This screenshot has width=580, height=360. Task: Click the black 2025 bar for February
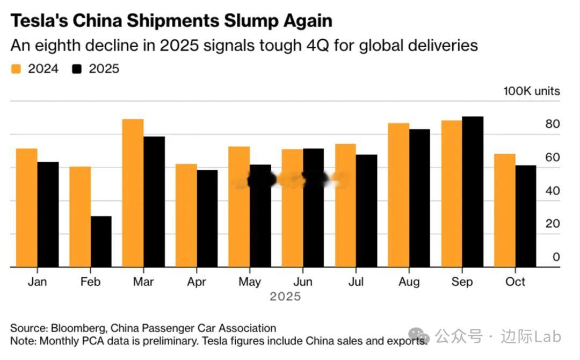(101, 241)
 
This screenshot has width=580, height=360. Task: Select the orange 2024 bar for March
(133, 193)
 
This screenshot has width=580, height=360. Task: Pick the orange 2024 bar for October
(505, 211)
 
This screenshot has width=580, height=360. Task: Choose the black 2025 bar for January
(48, 214)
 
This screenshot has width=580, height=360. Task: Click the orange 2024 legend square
(16, 69)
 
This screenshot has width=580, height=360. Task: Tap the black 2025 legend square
(77, 69)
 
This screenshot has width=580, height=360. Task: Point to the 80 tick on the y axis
(553, 124)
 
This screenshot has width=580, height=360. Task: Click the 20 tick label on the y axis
(553, 224)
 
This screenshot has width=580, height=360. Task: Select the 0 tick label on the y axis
(556, 257)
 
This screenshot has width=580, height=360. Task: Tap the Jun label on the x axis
(303, 282)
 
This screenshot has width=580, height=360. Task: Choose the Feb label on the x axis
(90, 282)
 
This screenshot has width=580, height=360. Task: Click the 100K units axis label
(531, 91)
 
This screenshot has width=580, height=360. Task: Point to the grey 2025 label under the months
(285, 297)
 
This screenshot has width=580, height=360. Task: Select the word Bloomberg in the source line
(76, 328)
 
